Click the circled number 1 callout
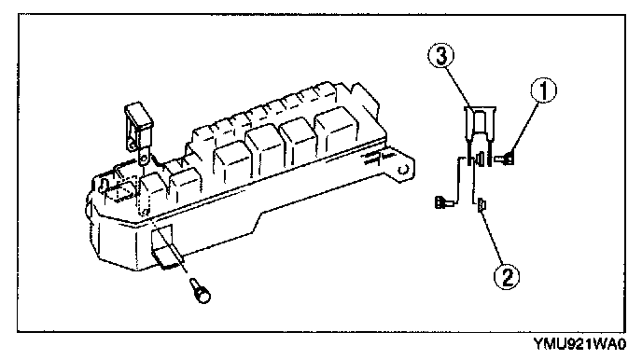(x=544, y=90)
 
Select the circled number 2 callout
(x=507, y=277)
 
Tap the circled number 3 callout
(x=441, y=56)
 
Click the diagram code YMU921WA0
(x=579, y=344)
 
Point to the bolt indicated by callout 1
(x=505, y=159)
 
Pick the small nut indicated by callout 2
(x=481, y=204)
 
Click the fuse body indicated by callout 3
(x=480, y=136)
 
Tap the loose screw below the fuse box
(x=201, y=290)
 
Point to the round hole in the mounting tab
(x=403, y=170)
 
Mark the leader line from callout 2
(x=494, y=238)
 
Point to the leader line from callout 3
(x=458, y=88)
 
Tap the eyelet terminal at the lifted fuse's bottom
(x=144, y=158)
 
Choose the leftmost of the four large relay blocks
(x=231, y=161)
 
